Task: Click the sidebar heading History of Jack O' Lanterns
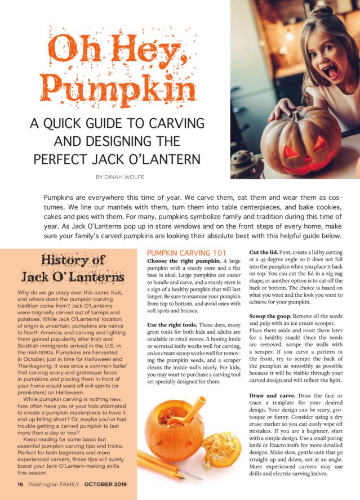pos(82,269)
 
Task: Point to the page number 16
pos(20,484)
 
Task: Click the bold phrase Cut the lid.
pos(266,254)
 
